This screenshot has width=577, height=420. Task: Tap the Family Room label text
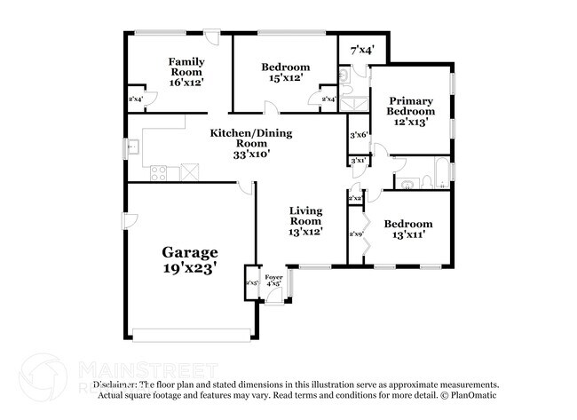[x=186, y=67]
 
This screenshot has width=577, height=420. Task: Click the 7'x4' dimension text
[x=361, y=51]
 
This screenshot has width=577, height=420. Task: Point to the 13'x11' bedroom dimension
[x=408, y=235]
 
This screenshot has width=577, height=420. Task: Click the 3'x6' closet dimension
[x=359, y=135]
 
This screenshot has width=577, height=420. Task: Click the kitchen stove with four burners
[x=160, y=173]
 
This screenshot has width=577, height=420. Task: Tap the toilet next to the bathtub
[x=426, y=182]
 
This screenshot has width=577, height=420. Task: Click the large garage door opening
[x=190, y=335]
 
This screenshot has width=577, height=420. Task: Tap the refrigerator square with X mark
[x=189, y=172]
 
